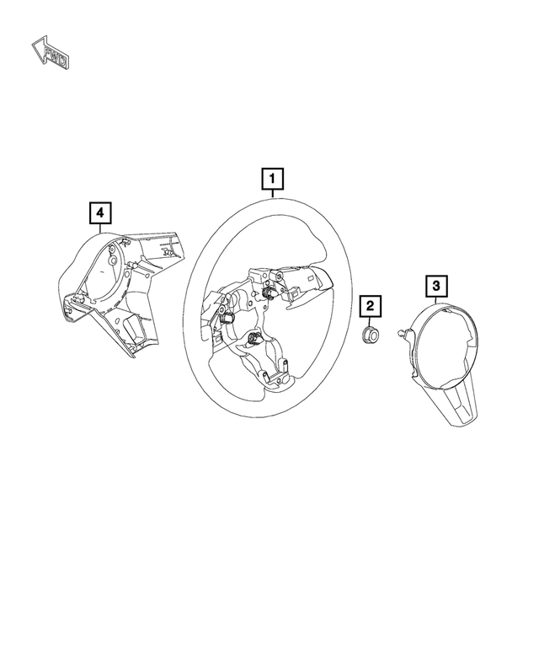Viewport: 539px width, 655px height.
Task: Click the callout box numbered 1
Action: click(x=273, y=179)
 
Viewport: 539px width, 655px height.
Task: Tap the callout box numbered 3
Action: click(x=435, y=287)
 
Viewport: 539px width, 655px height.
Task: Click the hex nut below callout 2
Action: click(x=369, y=336)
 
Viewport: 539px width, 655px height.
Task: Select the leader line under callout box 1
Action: click(x=273, y=192)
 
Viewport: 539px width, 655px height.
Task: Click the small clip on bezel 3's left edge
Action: click(x=404, y=337)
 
